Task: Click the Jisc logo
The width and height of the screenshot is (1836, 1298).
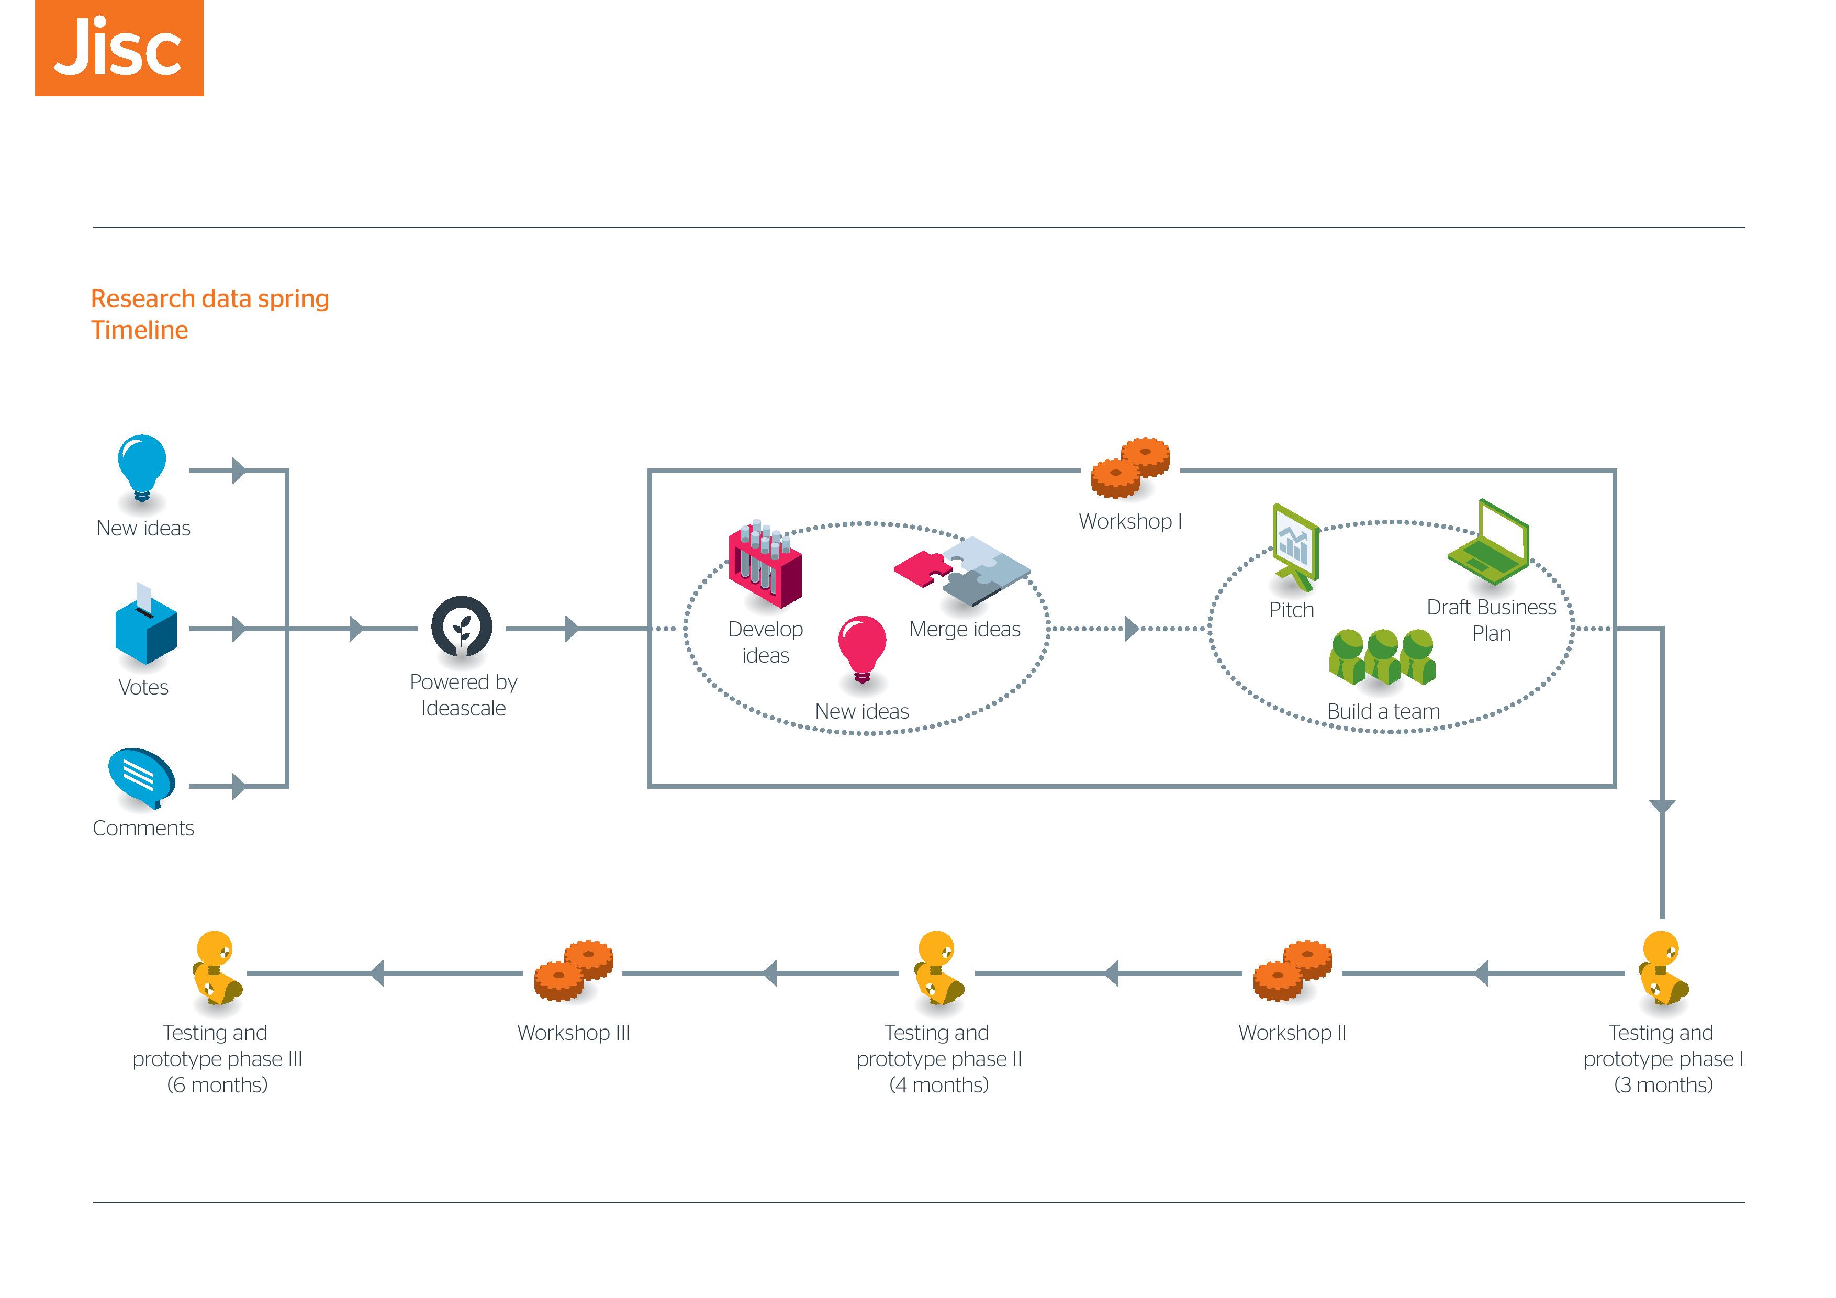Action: pyautogui.click(x=119, y=48)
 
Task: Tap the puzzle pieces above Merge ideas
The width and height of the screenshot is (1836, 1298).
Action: pyautogui.click(x=963, y=569)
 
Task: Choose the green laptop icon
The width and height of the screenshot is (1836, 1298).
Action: pyautogui.click(x=1488, y=539)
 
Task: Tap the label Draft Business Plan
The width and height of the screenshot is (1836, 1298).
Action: pyautogui.click(x=1491, y=620)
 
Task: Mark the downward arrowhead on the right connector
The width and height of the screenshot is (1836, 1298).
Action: pyautogui.click(x=1662, y=807)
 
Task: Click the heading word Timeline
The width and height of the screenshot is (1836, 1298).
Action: pyautogui.click(x=139, y=330)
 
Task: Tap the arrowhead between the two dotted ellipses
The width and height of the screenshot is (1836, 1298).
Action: pyautogui.click(x=1130, y=629)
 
